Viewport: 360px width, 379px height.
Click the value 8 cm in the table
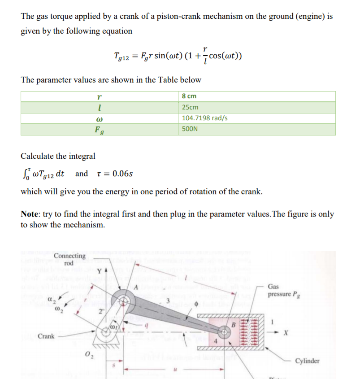point(189,96)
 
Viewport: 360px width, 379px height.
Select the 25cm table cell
point(191,107)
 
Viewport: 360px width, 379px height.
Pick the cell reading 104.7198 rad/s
point(205,118)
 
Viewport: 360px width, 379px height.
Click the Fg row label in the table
point(99,130)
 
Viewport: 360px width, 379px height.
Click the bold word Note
point(31,214)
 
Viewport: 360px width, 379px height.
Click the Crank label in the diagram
point(47,335)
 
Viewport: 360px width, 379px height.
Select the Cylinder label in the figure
point(307,361)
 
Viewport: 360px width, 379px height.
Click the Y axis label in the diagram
point(100,271)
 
